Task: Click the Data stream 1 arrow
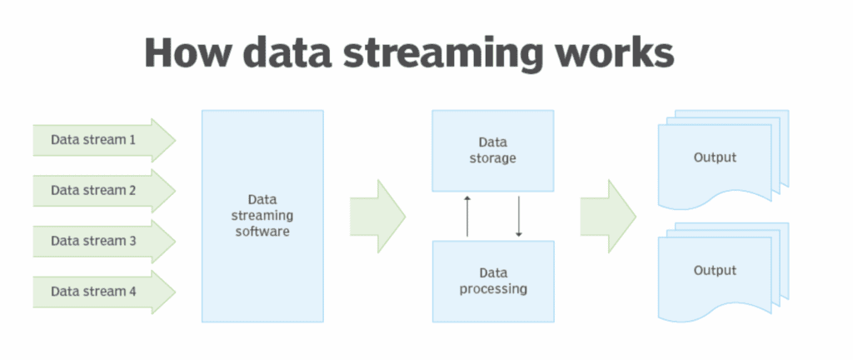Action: click(x=104, y=140)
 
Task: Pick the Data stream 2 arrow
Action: click(x=104, y=191)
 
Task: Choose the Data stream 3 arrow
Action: click(x=104, y=242)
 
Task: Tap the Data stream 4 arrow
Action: click(x=104, y=292)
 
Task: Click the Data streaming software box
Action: click(x=262, y=216)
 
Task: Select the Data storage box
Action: click(x=493, y=151)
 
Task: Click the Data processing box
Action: click(x=493, y=281)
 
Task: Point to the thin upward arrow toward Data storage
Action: click(x=466, y=216)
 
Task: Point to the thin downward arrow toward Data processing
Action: click(x=518, y=216)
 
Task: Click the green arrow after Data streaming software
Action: click(x=377, y=216)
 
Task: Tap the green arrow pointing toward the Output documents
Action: click(x=608, y=216)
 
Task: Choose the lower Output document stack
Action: click(x=724, y=272)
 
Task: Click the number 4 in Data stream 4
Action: click(x=132, y=292)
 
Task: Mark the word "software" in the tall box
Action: click(x=262, y=232)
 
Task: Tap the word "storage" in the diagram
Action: click(x=493, y=159)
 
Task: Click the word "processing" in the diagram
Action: click(x=493, y=289)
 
